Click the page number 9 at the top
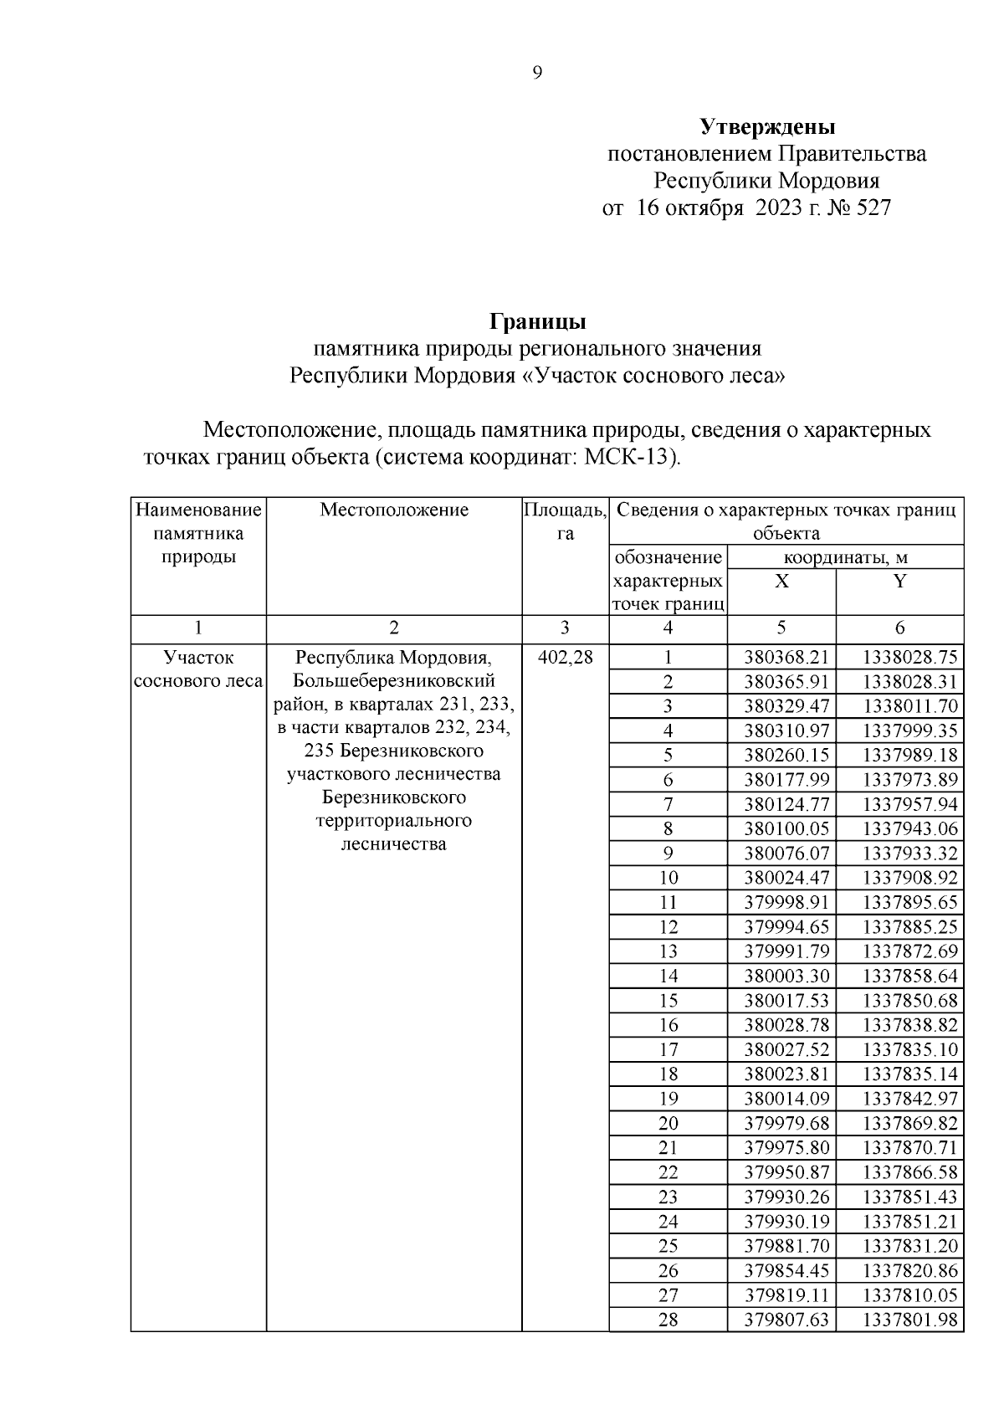[x=537, y=74]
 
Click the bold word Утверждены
[x=767, y=127]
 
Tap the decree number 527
[x=873, y=208]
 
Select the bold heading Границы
[x=537, y=322]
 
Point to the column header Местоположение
[x=394, y=510]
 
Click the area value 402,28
[x=566, y=657]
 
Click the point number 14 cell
[x=668, y=976]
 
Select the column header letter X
[x=781, y=582]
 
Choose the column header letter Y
[x=899, y=582]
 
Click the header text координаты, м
[x=845, y=558]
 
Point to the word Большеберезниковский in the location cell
[x=394, y=680]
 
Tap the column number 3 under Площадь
[x=565, y=628]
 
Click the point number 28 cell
[x=668, y=1320]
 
